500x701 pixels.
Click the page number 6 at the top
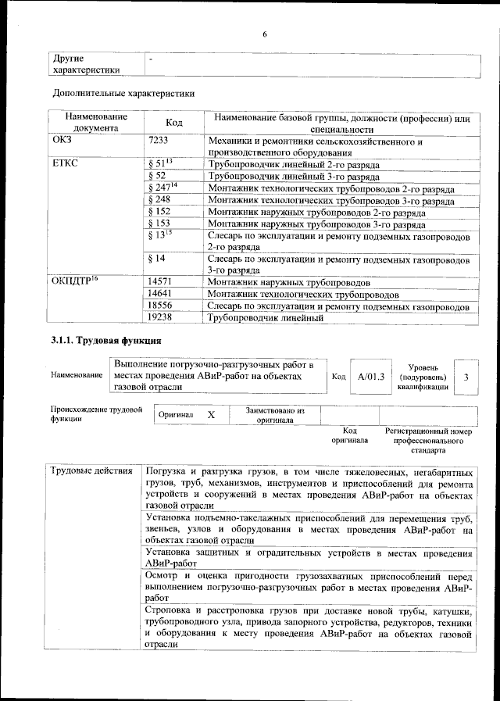coord(264,34)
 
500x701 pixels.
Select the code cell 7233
coord(159,141)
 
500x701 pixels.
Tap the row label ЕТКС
coord(63,166)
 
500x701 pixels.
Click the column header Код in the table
coord(174,123)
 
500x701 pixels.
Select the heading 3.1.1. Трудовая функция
coord(105,342)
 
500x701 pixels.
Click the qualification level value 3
coord(466,377)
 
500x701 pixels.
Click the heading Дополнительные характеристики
coord(123,94)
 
